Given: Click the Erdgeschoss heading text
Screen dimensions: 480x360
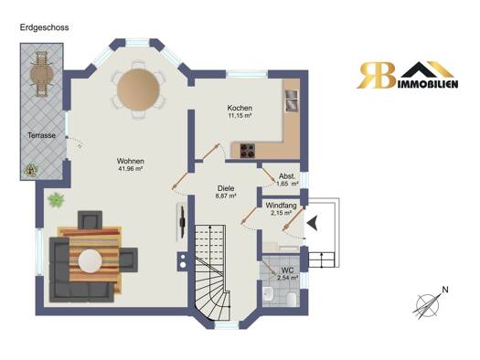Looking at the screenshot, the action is coord(45,27).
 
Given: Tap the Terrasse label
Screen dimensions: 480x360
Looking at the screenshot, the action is coord(42,135).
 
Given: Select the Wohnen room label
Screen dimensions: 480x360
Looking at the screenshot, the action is coord(131,161).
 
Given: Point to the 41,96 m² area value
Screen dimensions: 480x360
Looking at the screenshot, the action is coord(131,168).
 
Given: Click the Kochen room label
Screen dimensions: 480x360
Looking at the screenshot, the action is coord(240,108).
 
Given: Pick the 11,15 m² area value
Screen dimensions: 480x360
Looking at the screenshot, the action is coord(240,115).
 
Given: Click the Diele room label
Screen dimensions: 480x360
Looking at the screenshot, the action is coord(226,188).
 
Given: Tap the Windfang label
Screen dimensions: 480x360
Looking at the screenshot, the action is coord(281,206).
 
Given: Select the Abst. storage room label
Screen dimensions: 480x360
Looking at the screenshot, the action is coord(287,176).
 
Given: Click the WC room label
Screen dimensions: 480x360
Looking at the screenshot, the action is coord(287,270).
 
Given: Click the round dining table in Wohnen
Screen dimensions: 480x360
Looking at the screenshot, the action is coord(138,90).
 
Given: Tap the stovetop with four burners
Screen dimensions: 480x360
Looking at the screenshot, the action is coord(248,150).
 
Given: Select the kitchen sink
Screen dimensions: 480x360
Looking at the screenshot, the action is coord(292,101).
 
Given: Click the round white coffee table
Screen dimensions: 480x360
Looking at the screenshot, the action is coord(90,261).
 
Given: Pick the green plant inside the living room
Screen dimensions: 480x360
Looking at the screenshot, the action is coord(56,200).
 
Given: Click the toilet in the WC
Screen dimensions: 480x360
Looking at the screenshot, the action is coord(291,299).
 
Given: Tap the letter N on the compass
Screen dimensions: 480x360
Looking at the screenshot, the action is coord(445,290).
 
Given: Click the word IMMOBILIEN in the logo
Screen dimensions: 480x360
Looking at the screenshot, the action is coord(429,84).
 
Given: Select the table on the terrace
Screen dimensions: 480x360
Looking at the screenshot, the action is coord(42,74).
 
